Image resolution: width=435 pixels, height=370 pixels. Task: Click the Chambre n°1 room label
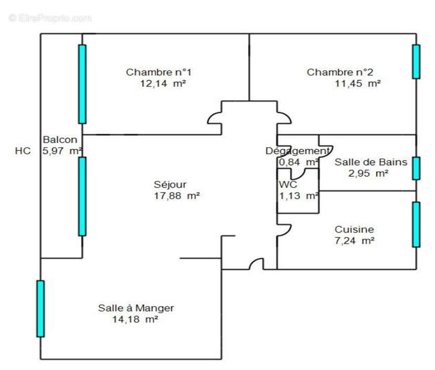(x=155, y=72)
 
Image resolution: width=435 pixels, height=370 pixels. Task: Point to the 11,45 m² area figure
(x=357, y=83)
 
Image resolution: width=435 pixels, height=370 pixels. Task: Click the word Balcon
(x=60, y=140)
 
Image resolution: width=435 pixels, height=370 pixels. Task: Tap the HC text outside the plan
(x=23, y=151)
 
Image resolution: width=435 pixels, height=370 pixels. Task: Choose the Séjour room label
(x=170, y=184)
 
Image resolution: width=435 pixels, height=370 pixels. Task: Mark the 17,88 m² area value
(x=169, y=196)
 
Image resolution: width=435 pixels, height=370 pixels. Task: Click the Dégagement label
(x=297, y=151)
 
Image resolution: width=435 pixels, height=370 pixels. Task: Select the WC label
(x=288, y=184)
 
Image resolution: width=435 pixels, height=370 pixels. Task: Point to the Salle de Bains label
(x=370, y=162)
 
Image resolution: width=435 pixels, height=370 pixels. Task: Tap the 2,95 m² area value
(x=369, y=173)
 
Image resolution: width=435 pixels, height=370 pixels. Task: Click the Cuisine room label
(x=355, y=230)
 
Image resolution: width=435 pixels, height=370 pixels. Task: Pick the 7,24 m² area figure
(x=355, y=241)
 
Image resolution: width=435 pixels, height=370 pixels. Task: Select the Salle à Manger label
(x=136, y=308)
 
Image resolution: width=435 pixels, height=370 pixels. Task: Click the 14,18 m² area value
(x=135, y=319)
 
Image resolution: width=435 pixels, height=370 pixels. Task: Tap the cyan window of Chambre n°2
(x=416, y=62)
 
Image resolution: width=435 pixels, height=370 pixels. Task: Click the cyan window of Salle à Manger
(x=40, y=308)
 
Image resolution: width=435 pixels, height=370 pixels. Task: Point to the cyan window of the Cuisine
(x=416, y=224)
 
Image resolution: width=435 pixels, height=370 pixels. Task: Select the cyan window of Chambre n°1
(x=82, y=84)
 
